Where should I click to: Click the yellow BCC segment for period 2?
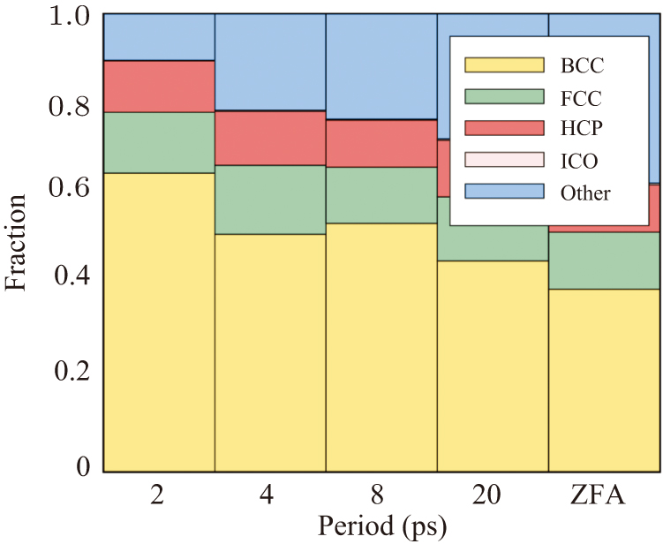coord(159,322)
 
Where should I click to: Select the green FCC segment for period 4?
coord(270,200)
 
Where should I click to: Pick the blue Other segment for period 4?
coord(270,62)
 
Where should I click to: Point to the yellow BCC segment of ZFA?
coord(604,380)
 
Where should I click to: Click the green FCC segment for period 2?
coord(159,142)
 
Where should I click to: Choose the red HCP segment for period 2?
coord(159,87)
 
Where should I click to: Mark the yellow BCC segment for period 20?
coord(493,366)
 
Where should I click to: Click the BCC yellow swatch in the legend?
coord(504,64)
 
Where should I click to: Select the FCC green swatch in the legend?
coord(504,96)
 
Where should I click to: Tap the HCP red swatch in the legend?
coord(504,128)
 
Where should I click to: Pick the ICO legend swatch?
coord(504,160)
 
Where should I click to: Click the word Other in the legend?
coord(584,193)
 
